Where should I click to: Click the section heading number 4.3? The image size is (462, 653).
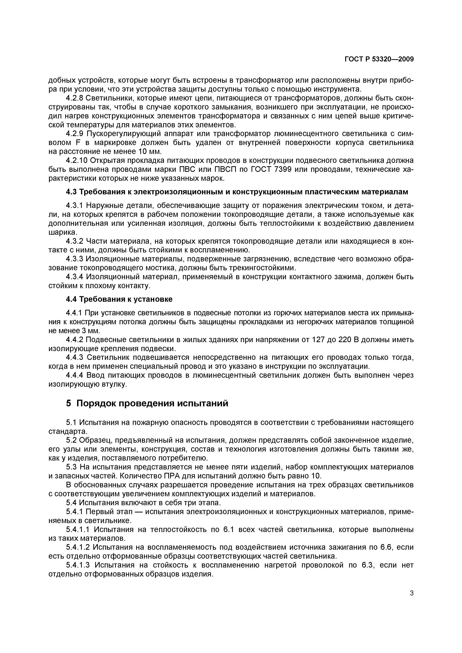click(x=71, y=192)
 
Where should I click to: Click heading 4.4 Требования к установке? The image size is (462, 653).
click(x=119, y=299)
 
